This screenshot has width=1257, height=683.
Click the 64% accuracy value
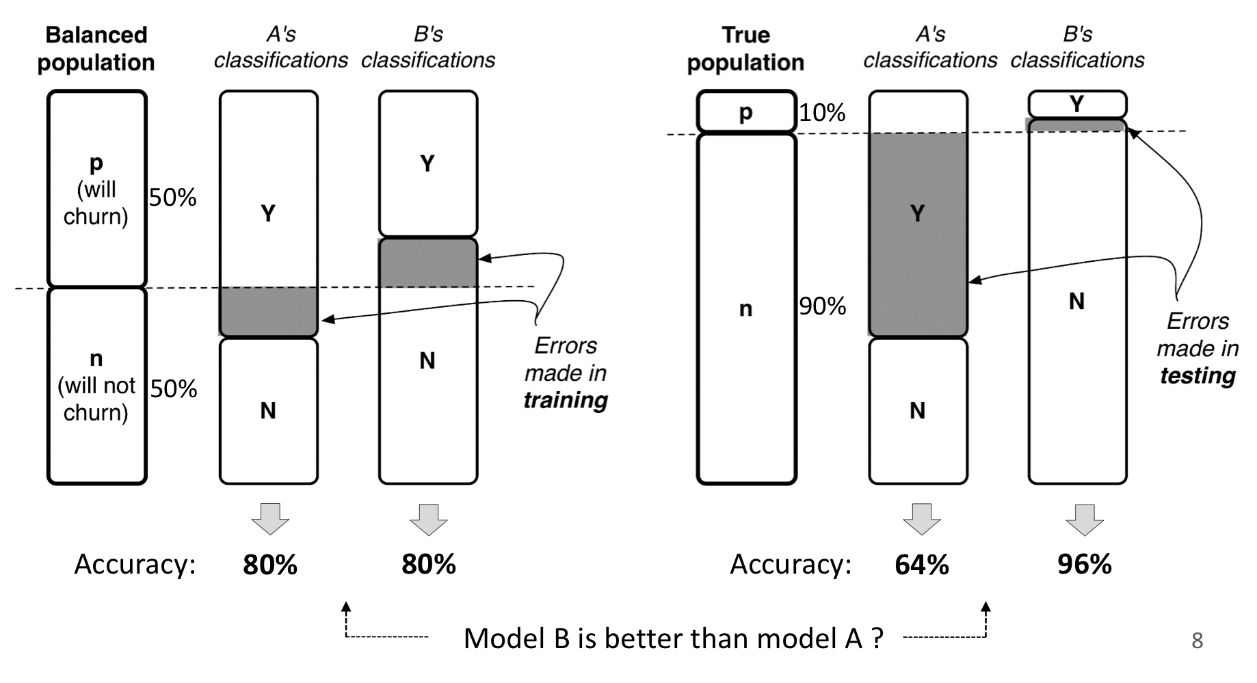921,565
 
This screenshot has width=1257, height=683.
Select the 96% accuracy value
1084,565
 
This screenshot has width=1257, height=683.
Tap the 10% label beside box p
822,112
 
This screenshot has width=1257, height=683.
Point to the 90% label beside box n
822,306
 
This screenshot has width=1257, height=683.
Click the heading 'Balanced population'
96,49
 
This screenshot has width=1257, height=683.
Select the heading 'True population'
745,49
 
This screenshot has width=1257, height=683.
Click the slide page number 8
1197,641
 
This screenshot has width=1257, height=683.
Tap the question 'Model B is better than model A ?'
673,639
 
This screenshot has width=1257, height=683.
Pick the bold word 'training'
566,400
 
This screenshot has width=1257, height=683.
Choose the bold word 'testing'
1198,375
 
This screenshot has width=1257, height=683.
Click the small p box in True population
746,111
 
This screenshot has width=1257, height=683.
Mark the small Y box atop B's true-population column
1077,104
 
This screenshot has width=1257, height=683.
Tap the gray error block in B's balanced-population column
428,263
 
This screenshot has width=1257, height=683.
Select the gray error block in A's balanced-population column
269,312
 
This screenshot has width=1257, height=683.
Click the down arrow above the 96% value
1085,519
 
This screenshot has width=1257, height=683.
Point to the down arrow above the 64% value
921,519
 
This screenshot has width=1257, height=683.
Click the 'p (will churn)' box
96,189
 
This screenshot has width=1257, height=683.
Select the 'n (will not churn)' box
96,386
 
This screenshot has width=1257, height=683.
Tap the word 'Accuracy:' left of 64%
791,565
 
